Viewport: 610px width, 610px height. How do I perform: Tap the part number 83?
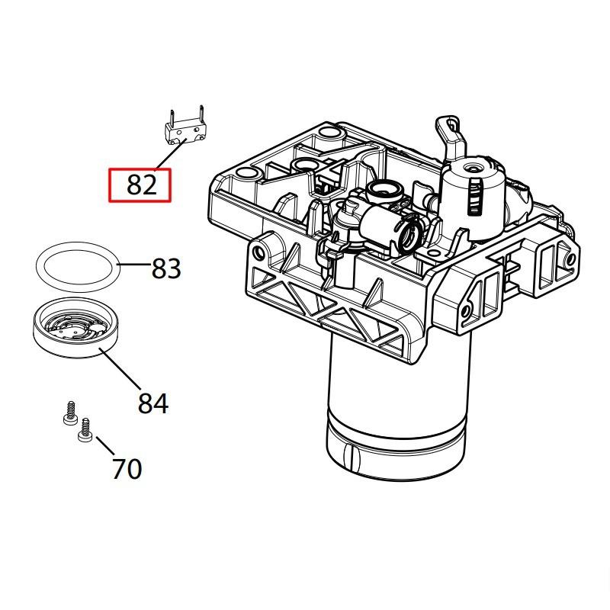(166, 268)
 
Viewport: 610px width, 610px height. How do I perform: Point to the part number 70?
(127, 468)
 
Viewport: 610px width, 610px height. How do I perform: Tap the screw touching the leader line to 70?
(85, 431)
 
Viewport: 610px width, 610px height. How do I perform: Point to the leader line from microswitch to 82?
(170, 156)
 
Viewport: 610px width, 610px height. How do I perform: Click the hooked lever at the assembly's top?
(452, 131)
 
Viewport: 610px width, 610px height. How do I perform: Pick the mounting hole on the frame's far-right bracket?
(569, 260)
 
